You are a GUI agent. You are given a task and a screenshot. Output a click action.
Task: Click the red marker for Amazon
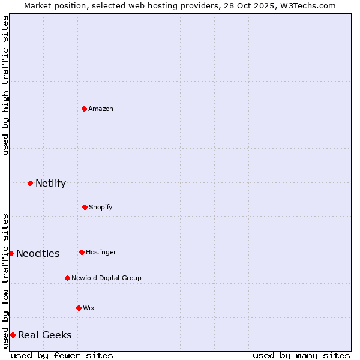(84, 109)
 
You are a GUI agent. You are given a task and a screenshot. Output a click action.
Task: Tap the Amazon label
(101, 109)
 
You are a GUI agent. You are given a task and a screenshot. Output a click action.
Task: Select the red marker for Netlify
(30, 183)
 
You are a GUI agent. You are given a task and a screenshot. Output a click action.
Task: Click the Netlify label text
(50, 184)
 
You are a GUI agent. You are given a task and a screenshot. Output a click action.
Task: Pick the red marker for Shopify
(85, 207)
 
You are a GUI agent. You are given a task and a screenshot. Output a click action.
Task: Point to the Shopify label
(100, 207)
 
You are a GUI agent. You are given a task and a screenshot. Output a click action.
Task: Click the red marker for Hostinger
(82, 252)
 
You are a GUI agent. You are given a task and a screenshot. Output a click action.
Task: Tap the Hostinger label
(101, 252)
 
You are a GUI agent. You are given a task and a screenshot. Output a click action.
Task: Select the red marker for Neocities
(11, 253)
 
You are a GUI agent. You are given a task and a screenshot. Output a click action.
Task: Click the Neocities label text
(38, 254)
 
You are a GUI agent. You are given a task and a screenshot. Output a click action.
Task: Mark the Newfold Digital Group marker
(67, 278)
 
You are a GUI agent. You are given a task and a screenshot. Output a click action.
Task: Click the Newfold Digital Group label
(106, 278)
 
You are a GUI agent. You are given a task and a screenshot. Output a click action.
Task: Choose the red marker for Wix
(79, 308)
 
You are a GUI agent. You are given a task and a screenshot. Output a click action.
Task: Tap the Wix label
(89, 308)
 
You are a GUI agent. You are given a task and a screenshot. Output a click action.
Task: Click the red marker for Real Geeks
(13, 335)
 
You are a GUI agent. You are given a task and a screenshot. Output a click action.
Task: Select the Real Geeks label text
(45, 335)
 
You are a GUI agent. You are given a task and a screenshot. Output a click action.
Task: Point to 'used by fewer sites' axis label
(62, 355)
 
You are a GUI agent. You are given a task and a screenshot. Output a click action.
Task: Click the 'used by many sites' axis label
(301, 355)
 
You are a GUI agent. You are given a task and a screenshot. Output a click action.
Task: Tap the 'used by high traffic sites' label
(5, 85)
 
